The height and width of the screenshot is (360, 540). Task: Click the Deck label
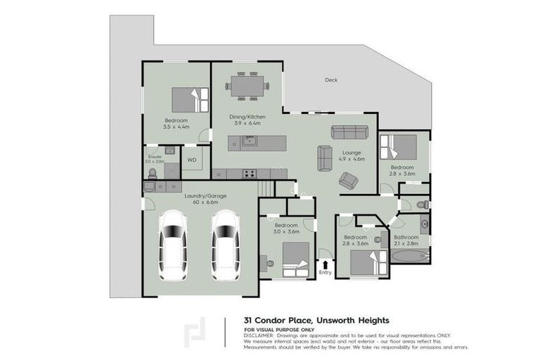point(330,80)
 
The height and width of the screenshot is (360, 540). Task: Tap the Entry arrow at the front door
point(325,265)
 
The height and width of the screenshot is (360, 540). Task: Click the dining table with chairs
point(246,86)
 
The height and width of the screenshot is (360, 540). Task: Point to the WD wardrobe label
point(191,160)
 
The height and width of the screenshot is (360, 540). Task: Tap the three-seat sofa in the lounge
point(349,132)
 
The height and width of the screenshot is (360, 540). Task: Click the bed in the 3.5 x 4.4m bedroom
point(191,99)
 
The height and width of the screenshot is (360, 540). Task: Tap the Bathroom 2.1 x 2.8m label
point(406,240)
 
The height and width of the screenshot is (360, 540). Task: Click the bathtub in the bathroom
point(408,257)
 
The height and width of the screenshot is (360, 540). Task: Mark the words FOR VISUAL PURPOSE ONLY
point(279,329)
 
